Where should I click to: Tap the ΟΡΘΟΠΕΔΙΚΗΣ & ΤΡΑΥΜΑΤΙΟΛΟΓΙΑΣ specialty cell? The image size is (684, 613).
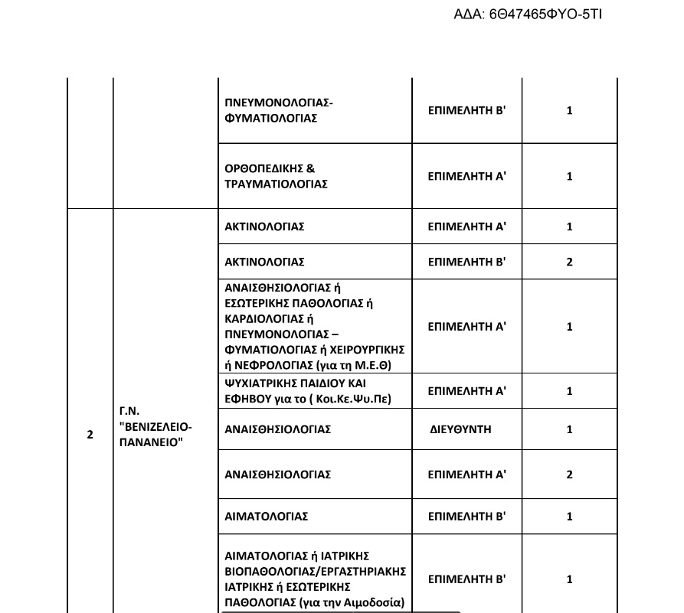(x=277, y=176)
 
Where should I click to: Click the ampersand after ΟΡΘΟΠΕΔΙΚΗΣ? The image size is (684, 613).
(x=311, y=168)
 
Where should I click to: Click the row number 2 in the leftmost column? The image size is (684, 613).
(x=90, y=435)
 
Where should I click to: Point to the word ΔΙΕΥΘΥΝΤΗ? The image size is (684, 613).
(x=460, y=429)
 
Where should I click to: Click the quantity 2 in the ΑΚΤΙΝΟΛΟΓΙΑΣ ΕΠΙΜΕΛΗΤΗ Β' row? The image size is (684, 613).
(x=569, y=262)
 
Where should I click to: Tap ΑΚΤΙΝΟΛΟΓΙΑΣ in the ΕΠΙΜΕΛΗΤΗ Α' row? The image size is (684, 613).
(x=264, y=227)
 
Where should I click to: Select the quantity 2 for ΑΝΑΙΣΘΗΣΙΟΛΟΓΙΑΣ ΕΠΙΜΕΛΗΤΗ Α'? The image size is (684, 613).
(x=569, y=474)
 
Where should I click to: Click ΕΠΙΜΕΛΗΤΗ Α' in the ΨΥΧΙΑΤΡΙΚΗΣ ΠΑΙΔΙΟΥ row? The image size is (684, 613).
(x=466, y=391)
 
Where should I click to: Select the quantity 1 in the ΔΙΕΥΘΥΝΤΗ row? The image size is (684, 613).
(x=569, y=429)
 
